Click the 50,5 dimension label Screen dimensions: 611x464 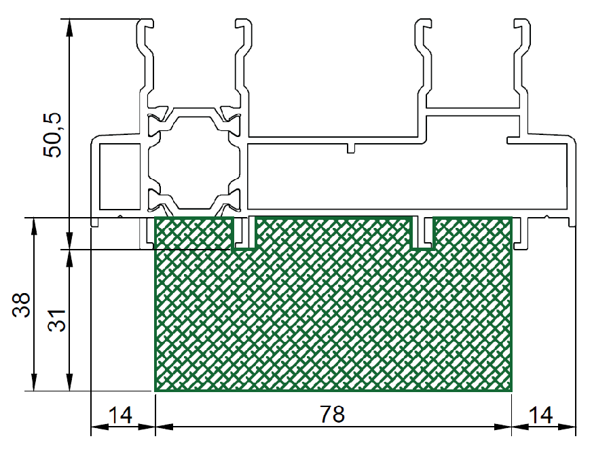coord(52,135)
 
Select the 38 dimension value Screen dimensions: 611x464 coord(22,305)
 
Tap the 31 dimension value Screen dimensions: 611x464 coord(57,320)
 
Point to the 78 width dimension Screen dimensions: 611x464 coord(333,414)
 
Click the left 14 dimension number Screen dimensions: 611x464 coord(120,415)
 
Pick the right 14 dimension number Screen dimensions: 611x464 coord(541,415)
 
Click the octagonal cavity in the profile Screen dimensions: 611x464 coord(193,162)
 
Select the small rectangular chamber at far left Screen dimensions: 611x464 coord(119,176)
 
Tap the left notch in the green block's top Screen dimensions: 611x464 coord(244,233)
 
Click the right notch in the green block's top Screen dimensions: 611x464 coord(423,233)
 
